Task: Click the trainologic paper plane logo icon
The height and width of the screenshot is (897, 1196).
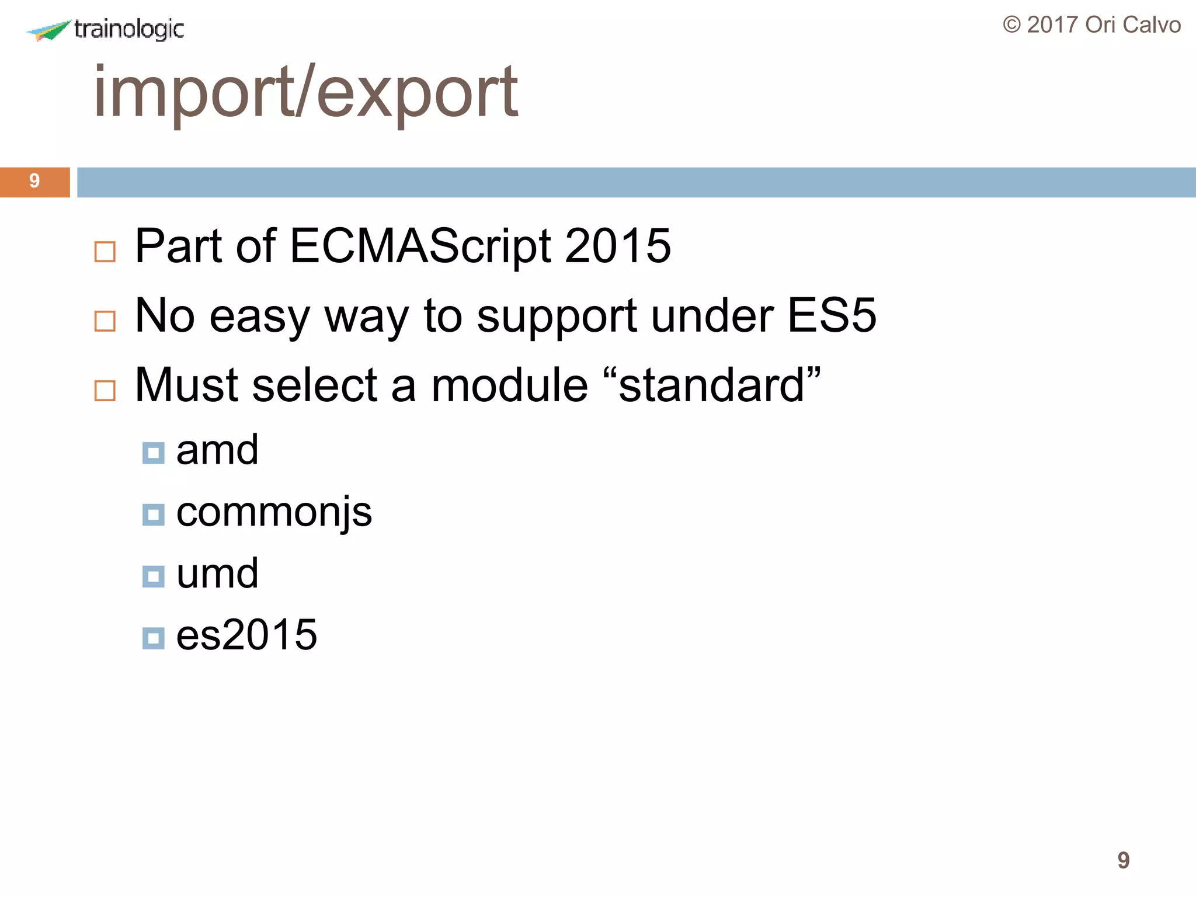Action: point(49,30)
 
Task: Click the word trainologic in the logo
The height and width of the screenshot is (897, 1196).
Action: point(129,29)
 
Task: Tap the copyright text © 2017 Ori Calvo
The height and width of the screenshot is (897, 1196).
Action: point(1091,25)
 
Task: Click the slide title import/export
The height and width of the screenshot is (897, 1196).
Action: point(305,92)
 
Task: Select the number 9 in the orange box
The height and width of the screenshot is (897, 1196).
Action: point(34,181)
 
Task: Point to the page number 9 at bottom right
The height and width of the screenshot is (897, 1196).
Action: point(1123,860)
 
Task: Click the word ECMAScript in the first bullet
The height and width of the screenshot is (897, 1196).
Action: point(420,246)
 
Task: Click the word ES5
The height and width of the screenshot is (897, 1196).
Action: point(832,315)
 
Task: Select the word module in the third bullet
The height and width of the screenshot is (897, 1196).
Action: point(509,385)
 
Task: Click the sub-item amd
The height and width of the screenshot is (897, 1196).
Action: point(217,450)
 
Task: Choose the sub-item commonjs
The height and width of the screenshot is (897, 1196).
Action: point(274,513)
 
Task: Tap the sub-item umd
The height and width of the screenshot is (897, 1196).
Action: point(217,574)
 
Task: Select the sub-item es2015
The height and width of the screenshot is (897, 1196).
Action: point(246,635)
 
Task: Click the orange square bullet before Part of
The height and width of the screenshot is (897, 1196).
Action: point(105,252)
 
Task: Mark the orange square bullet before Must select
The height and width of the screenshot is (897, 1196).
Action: point(105,391)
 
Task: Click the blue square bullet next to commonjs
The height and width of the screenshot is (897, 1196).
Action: point(153,514)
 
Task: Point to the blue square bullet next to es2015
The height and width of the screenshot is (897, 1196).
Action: point(153,638)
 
